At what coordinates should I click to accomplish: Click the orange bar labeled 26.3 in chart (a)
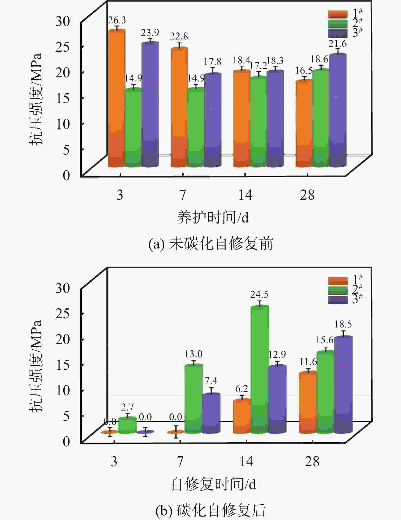pyautogui.click(x=117, y=98)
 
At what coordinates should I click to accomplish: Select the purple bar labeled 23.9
pyautogui.click(x=150, y=104)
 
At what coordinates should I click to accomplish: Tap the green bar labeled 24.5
pyautogui.click(x=260, y=369)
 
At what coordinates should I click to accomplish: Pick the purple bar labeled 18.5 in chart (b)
pyautogui.click(x=343, y=385)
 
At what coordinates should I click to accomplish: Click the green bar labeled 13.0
pyautogui.click(x=193, y=399)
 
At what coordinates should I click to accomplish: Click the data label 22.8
pyautogui.click(x=179, y=37)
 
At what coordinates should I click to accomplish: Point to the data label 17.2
pyautogui.click(x=258, y=66)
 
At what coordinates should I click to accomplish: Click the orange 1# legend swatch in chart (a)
pyautogui.click(x=338, y=14)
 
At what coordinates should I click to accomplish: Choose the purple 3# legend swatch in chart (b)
pyautogui.click(x=338, y=300)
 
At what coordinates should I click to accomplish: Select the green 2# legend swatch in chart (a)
pyautogui.click(x=338, y=24)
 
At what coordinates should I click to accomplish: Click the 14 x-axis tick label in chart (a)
pyautogui.click(x=245, y=195)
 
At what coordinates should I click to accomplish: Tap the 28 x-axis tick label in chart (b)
pyautogui.click(x=312, y=461)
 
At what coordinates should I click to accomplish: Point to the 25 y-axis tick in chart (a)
pyautogui.click(x=63, y=47)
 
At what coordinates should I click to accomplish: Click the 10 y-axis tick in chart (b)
pyautogui.click(x=63, y=390)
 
